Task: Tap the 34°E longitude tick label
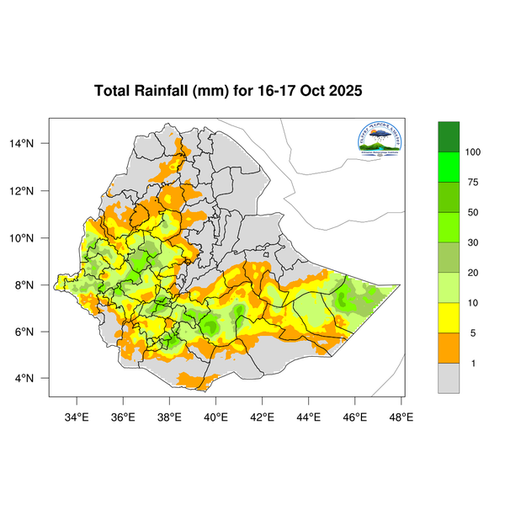[77, 417]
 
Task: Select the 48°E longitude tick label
[401, 417]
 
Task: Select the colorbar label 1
[471, 363]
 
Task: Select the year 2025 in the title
[343, 91]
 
